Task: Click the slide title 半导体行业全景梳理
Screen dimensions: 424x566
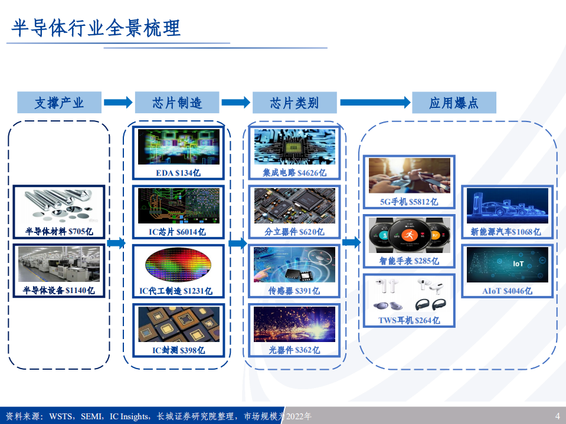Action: tap(96, 28)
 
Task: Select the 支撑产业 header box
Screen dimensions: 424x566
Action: tap(59, 103)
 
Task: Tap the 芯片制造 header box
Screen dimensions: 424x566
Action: tap(177, 103)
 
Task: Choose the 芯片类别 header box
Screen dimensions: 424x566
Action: tap(295, 103)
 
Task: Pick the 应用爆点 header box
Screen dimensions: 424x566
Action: tap(453, 103)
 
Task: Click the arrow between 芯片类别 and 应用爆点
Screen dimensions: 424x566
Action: tap(375, 103)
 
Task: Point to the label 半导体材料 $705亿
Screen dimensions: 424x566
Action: tap(59, 231)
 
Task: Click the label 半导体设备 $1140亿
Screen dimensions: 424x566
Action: tap(59, 290)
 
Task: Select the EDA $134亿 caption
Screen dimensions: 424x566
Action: tap(178, 173)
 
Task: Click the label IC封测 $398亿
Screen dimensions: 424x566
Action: tap(178, 350)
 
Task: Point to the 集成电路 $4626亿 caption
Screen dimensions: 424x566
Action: tap(295, 173)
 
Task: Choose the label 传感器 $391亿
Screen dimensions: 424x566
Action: tap(295, 291)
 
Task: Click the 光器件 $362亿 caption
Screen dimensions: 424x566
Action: tap(295, 350)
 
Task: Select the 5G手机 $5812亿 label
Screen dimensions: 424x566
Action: tap(409, 202)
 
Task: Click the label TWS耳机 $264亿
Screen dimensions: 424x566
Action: tap(409, 320)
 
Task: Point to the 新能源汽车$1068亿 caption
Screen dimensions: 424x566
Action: tap(506, 232)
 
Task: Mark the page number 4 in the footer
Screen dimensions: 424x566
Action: tap(557, 416)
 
